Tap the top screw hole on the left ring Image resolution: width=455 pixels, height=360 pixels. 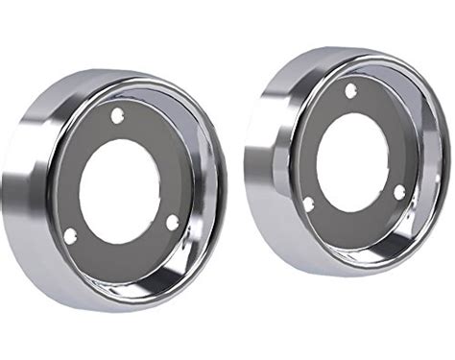pyautogui.click(x=117, y=115)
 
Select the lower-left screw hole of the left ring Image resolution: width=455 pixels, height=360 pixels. pyautogui.click(x=70, y=235)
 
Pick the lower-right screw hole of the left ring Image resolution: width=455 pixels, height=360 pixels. pyautogui.click(x=173, y=223)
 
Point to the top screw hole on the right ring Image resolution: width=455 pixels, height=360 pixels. pyautogui.click(x=349, y=90)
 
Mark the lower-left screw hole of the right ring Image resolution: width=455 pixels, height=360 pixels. pyautogui.click(x=309, y=204)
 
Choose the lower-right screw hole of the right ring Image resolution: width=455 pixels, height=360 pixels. pyautogui.click(x=399, y=191)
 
